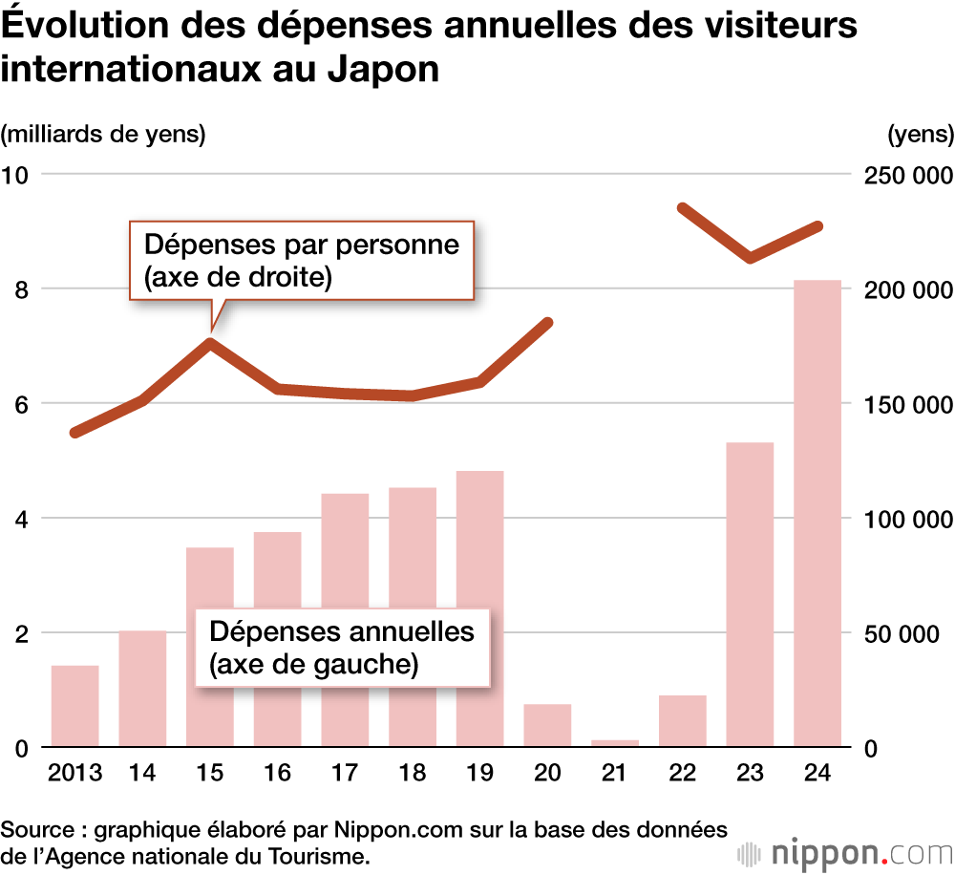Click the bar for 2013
[x=74, y=706]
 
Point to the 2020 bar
[x=547, y=725]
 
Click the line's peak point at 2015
[x=210, y=342]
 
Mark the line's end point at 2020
[x=548, y=322]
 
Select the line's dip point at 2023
[x=751, y=257]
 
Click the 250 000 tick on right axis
[x=904, y=175]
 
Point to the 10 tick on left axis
[x=16, y=175]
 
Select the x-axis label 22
[x=682, y=773]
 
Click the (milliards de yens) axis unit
[x=103, y=134]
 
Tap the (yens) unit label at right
[x=920, y=134]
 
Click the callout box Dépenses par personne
[x=302, y=260]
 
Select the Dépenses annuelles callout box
[x=341, y=647]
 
